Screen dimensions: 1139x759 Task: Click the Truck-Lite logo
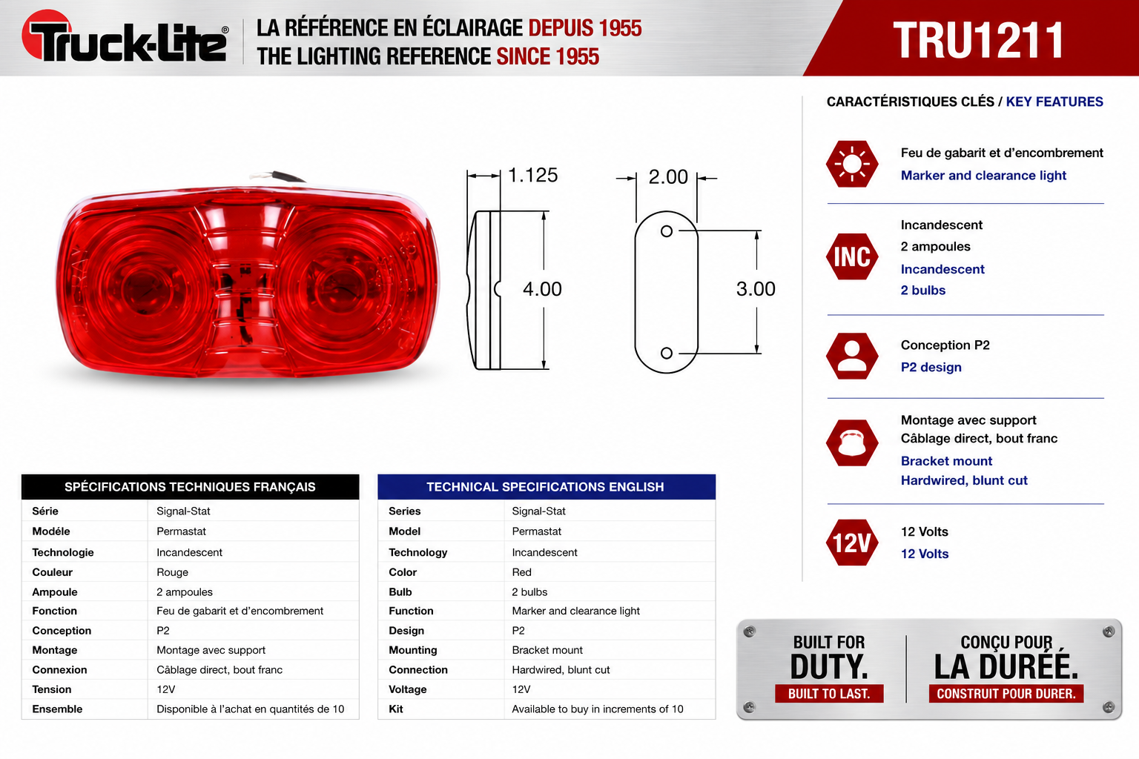[125, 36]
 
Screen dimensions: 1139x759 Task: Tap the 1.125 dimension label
[532, 175]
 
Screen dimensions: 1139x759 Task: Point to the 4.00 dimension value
[542, 289]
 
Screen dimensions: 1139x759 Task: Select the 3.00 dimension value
[756, 289]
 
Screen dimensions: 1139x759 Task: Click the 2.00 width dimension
[667, 177]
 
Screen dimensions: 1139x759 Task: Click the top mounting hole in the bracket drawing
[666, 231]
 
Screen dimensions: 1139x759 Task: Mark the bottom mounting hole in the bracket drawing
[666, 353]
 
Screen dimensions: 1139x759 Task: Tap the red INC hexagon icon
[852, 256]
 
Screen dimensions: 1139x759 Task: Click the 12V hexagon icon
[852, 543]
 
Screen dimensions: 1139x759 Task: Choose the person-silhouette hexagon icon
[852, 356]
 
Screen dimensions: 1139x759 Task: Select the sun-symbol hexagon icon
[852, 164]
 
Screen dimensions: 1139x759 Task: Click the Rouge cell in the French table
[172, 572]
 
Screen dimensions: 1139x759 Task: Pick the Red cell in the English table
[522, 572]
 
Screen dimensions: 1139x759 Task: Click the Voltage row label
[408, 689]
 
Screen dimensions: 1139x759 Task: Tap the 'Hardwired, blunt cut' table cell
[561, 669]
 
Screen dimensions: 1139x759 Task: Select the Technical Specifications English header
[546, 486]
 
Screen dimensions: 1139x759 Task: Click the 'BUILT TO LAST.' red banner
[829, 694]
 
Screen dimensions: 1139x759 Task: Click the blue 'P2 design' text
[931, 367]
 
